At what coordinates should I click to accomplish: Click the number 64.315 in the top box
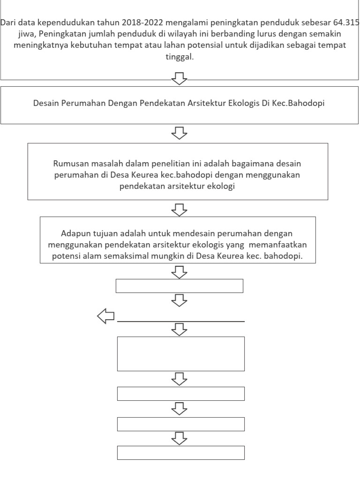[346, 23]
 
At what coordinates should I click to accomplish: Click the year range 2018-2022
[140, 23]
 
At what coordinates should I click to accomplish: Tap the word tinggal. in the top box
[180, 57]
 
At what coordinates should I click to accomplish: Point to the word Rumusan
[69, 164]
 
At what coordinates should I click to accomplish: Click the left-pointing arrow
[106, 317]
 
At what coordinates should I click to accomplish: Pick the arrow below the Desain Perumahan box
[180, 133]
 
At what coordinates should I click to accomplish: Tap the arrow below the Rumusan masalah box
[180, 209]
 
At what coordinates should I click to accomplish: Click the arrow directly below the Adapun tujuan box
[180, 271]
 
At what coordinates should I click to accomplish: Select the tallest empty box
[180, 354]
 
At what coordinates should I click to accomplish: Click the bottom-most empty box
[180, 453]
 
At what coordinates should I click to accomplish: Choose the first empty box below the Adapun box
[180, 286]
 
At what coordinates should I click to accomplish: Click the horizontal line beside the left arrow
[180, 322]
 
